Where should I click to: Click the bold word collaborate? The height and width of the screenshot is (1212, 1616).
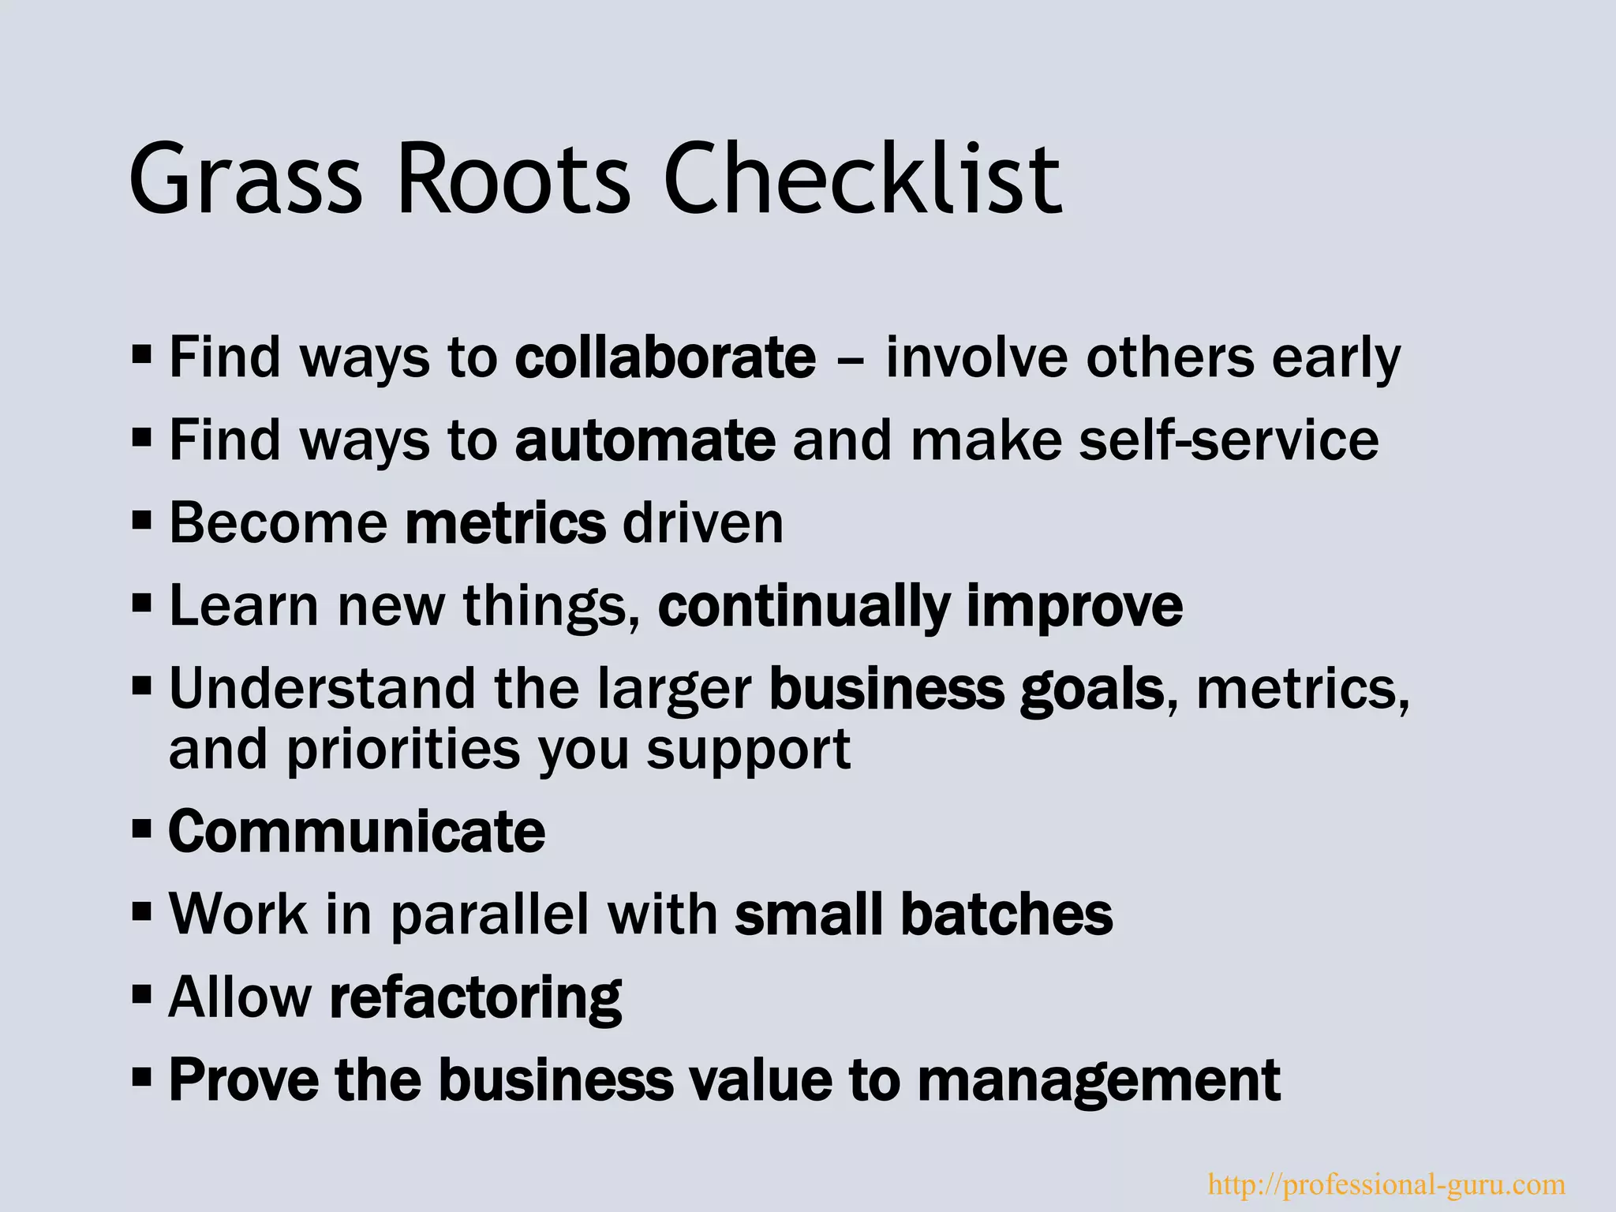pyautogui.click(x=665, y=357)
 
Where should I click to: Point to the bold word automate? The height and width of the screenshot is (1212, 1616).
pyautogui.click(x=645, y=440)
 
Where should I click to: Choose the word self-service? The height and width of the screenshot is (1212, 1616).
pyautogui.click(x=1229, y=440)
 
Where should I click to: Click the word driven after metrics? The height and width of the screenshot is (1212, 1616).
pyautogui.click(x=702, y=523)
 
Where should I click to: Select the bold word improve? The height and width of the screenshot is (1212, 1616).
pyautogui.click(x=1074, y=606)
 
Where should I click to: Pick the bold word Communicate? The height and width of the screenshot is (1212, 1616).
pyautogui.click(x=357, y=832)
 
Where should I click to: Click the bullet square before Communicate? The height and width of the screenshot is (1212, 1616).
pyautogui.click(x=142, y=830)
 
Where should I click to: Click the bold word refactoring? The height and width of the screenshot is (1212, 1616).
pyautogui.click(x=475, y=999)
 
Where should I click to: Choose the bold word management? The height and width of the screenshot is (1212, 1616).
pyautogui.click(x=1098, y=1082)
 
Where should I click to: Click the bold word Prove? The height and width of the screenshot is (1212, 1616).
pyautogui.click(x=244, y=1080)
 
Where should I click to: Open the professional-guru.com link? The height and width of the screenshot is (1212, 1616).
pyautogui.click(x=1386, y=1184)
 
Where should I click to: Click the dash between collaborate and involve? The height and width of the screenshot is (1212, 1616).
pyautogui.click(x=851, y=360)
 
